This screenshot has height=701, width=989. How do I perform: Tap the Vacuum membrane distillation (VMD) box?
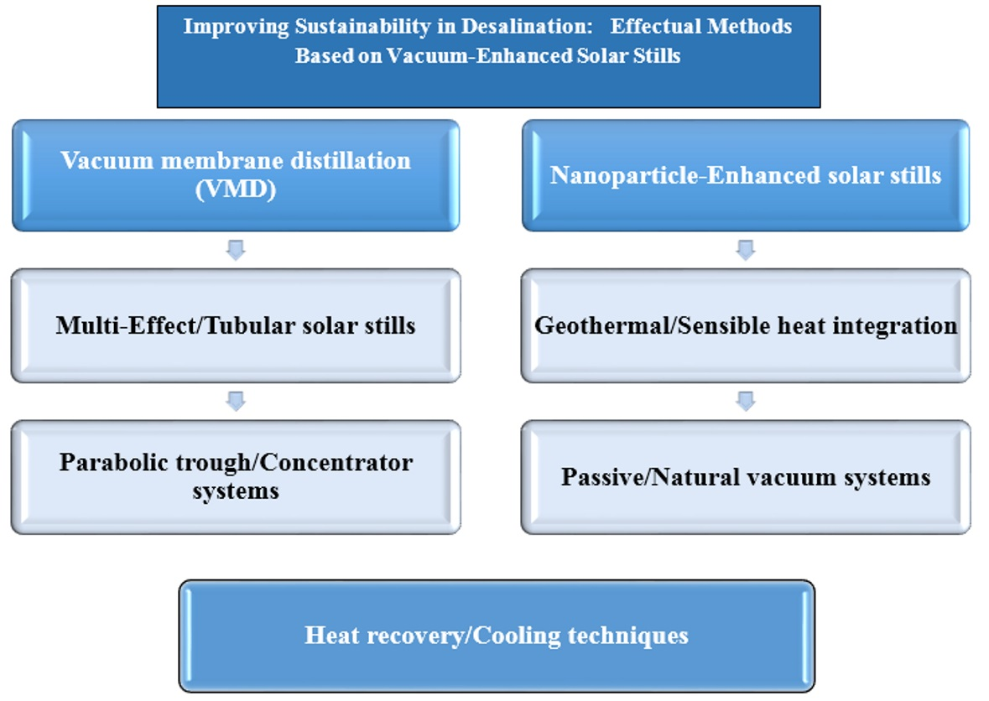(x=236, y=174)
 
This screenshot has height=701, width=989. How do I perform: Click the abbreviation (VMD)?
(x=236, y=190)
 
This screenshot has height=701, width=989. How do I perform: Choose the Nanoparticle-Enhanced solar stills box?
(x=746, y=175)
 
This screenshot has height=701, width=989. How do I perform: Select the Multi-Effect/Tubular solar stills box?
(x=236, y=325)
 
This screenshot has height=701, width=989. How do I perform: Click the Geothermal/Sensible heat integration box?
(x=746, y=325)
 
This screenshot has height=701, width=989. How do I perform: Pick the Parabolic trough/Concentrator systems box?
(x=236, y=476)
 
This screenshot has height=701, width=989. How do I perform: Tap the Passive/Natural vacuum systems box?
(x=746, y=476)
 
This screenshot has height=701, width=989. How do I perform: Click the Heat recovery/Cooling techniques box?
(x=497, y=635)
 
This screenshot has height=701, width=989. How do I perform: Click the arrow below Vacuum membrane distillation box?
(x=236, y=250)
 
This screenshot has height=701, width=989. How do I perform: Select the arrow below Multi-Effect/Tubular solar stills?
(x=236, y=401)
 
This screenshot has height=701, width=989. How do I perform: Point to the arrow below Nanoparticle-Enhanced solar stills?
(x=745, y=250)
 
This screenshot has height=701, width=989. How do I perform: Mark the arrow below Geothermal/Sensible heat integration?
(x=745, y=401)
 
